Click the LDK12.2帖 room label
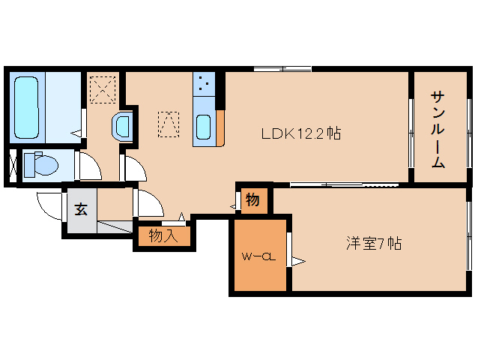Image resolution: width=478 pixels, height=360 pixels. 301,133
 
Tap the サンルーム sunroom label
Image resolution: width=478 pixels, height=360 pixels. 438,130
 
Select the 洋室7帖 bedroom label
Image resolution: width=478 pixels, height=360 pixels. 374,243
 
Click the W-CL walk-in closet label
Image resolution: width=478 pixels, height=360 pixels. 258,257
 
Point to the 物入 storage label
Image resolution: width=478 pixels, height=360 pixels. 163,236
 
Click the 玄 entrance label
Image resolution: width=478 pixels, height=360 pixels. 82,209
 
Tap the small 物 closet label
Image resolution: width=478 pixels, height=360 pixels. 252,200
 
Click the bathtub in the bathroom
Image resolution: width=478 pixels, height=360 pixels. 26,107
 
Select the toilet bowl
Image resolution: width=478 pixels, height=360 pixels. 41,164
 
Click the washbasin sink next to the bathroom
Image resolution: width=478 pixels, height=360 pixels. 122,127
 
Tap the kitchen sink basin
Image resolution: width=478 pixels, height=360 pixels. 203,127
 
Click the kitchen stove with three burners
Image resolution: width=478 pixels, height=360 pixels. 204,83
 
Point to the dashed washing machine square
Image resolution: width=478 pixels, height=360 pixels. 103,90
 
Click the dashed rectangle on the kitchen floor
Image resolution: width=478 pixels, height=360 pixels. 169,124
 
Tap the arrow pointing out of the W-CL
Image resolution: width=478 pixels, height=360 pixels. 298,262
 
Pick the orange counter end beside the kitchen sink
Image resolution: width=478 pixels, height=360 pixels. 220,127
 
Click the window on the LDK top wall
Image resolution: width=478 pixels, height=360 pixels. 282,69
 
